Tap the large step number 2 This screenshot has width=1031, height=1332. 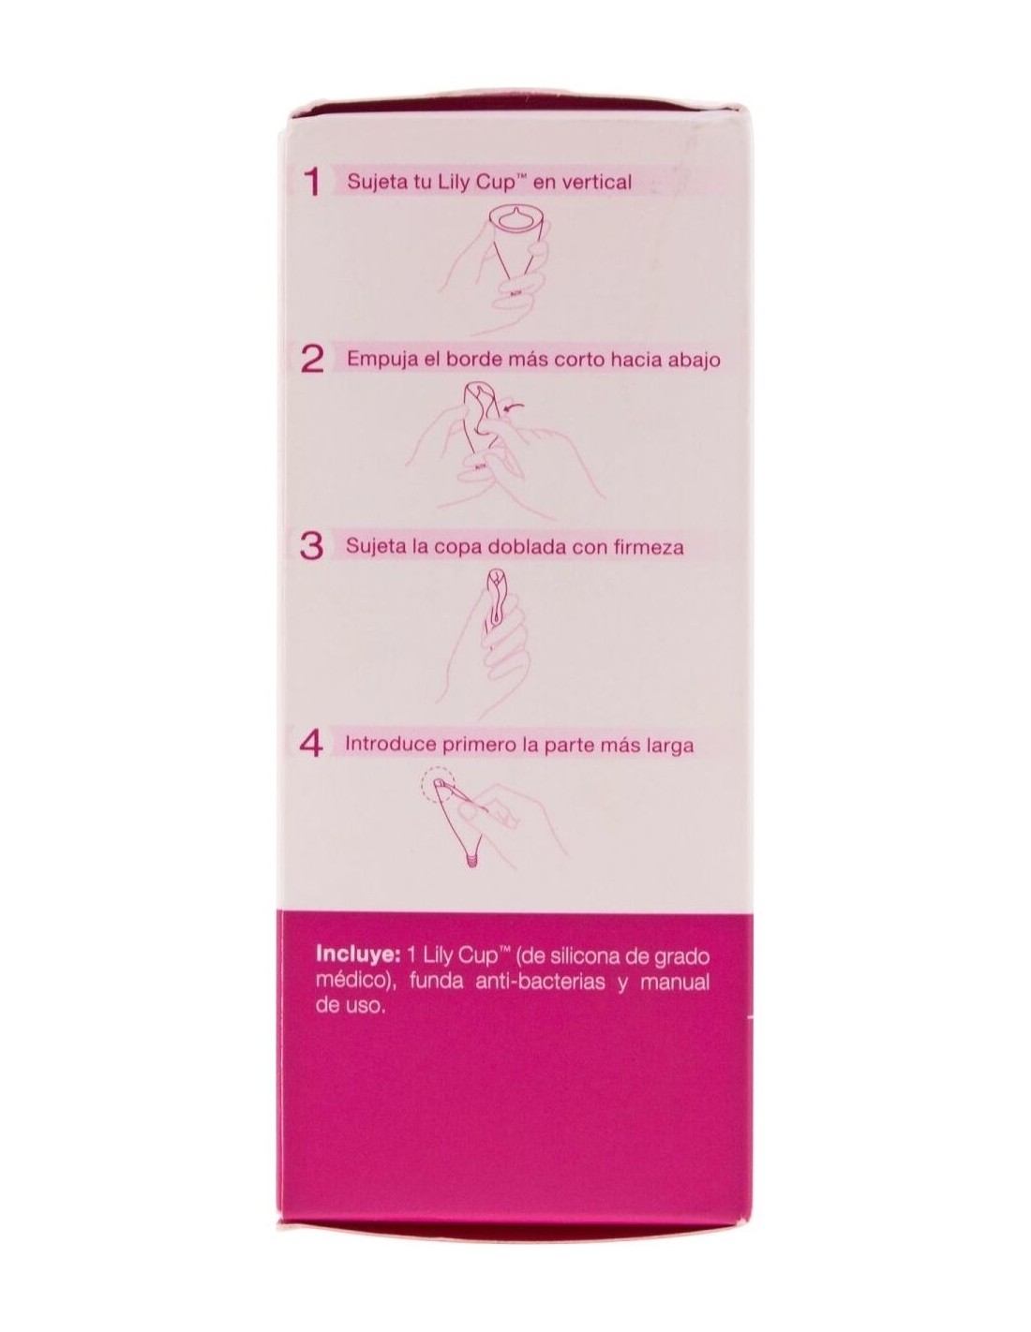tap(313, 361)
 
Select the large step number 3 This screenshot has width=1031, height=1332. tap(312, 545)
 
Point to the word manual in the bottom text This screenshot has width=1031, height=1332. tap(675, 982)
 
